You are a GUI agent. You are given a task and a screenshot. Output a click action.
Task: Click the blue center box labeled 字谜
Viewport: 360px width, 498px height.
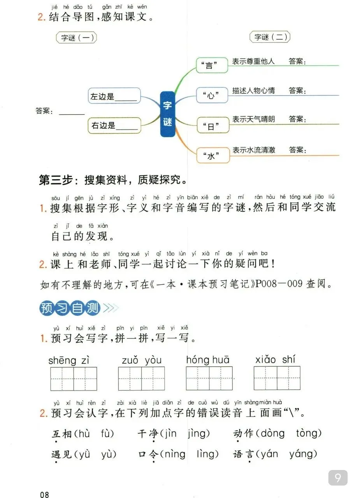(x=168, y=114)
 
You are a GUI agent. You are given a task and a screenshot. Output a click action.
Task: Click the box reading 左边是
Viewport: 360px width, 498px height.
(x=114, y=96)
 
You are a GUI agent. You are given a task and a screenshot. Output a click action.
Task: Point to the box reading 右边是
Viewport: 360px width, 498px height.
(x=114, y=125)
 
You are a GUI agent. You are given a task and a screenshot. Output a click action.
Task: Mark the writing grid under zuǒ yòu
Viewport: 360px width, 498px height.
(x=141, y=379)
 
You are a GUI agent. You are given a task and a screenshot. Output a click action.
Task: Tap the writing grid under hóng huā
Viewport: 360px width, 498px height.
(x=209, y=379)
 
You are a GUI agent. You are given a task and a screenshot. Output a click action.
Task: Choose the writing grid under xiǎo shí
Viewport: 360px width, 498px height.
(x=277, y=378)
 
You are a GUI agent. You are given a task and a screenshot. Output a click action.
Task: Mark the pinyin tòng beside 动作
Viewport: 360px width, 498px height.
(x=308, y=433)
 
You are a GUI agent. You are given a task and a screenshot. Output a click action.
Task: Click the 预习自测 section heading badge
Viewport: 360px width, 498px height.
(x=70, y=308)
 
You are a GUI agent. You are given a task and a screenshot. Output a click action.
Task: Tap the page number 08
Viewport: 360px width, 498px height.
(x=44, y=494)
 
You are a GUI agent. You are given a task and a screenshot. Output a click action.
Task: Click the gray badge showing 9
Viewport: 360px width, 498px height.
(x=338, y=477)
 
